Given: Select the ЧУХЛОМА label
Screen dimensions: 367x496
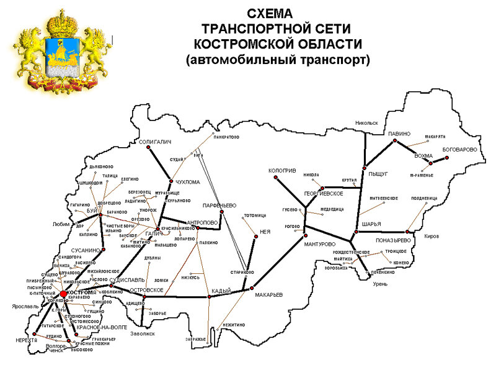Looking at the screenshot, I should click(188, 182).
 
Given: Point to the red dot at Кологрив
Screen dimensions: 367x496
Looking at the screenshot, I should click(273, 178).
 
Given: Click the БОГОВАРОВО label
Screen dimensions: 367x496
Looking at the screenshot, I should click(459, 150).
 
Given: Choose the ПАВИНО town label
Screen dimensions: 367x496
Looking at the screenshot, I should click(399, 134).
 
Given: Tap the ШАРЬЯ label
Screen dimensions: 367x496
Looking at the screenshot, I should click(370, 224).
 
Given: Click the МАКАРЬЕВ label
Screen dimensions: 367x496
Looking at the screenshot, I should click(269, 295).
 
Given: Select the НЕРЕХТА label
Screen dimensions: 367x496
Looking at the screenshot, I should click(27, 340).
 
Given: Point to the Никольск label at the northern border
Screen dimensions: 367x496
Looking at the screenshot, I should click(366, 123).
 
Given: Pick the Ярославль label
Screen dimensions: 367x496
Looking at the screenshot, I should click(25, 306).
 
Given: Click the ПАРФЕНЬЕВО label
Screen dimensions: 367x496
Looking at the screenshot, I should click(220, 205).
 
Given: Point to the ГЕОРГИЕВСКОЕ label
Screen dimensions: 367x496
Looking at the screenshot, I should click(324, 194).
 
